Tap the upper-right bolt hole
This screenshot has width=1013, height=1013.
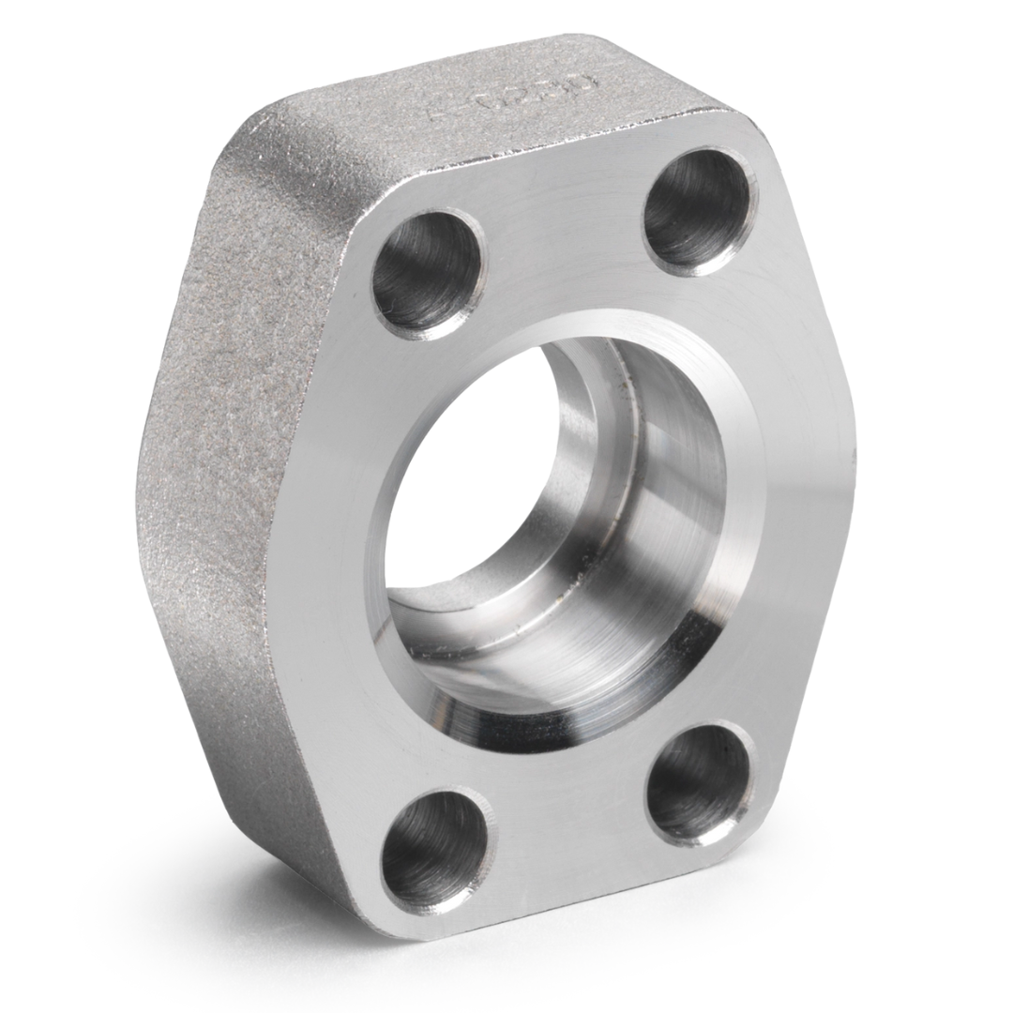point(697,210)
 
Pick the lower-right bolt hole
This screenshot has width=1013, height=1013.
point(700,783)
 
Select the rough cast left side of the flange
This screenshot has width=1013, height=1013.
point(225,469)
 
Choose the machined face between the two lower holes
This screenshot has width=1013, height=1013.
point(572,825)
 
